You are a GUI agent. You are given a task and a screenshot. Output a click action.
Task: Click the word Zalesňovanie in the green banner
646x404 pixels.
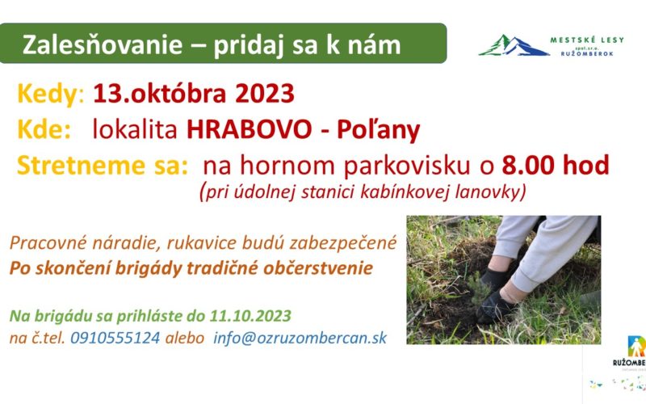pyautogui.click(x=103, y=44)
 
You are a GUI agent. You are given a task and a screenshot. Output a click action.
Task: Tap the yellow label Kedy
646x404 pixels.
pyautogui.click(x=48, y=95)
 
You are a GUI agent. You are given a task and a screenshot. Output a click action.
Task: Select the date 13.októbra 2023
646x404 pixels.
pyautogui.click(x=194, y=93)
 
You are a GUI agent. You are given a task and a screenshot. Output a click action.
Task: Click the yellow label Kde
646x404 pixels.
pyautogui.click(x=44, y=129)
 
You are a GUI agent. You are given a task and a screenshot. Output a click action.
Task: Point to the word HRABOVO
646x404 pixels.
pyautogui.click(x=250, y=129)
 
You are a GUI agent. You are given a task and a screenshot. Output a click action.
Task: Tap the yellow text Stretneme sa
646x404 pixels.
pyautogui.click(x=103, y=166)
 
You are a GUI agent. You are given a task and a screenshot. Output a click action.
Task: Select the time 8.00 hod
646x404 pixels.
pyautogui.click(x=556, y=166)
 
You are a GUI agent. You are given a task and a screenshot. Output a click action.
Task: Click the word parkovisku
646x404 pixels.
pyautogui.click(x=407, y=166)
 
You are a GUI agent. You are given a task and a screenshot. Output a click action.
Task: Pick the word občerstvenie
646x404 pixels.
pyautogui.click(x=317, y=268)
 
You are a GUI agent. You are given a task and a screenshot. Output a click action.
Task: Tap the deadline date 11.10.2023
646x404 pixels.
pyautogui.click(x=250, y=316)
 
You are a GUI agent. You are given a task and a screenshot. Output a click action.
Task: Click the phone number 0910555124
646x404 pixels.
pyautogui.click(x=115, y=338)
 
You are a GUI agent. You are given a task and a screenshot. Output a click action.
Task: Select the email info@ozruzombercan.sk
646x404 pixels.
pyautogui.click(x=300, y=338)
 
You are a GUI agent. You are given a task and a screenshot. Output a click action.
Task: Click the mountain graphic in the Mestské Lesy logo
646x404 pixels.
pyautogui.click(x=514, y=45)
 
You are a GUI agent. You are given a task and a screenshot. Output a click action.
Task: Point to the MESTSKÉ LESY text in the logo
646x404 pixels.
pyautogui.click(x=587, y=40)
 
